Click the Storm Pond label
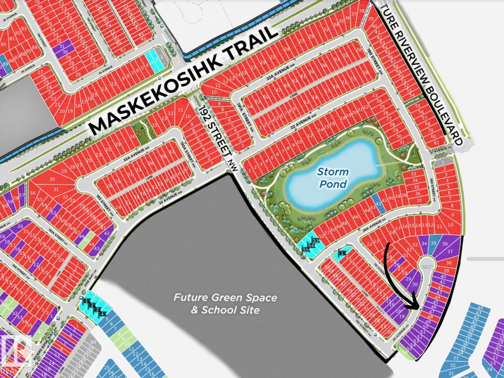(333, 178)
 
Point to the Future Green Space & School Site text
(225, 304)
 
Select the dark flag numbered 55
(306, 250)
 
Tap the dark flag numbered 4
(102, 314)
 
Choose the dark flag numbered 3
(97, 310)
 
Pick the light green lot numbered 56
(405, 352)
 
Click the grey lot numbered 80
(93, 342)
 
